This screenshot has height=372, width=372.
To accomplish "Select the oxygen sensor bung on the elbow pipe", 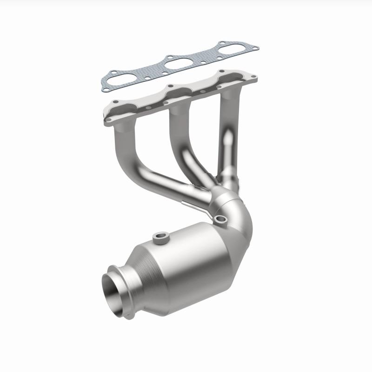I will (221, 219).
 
